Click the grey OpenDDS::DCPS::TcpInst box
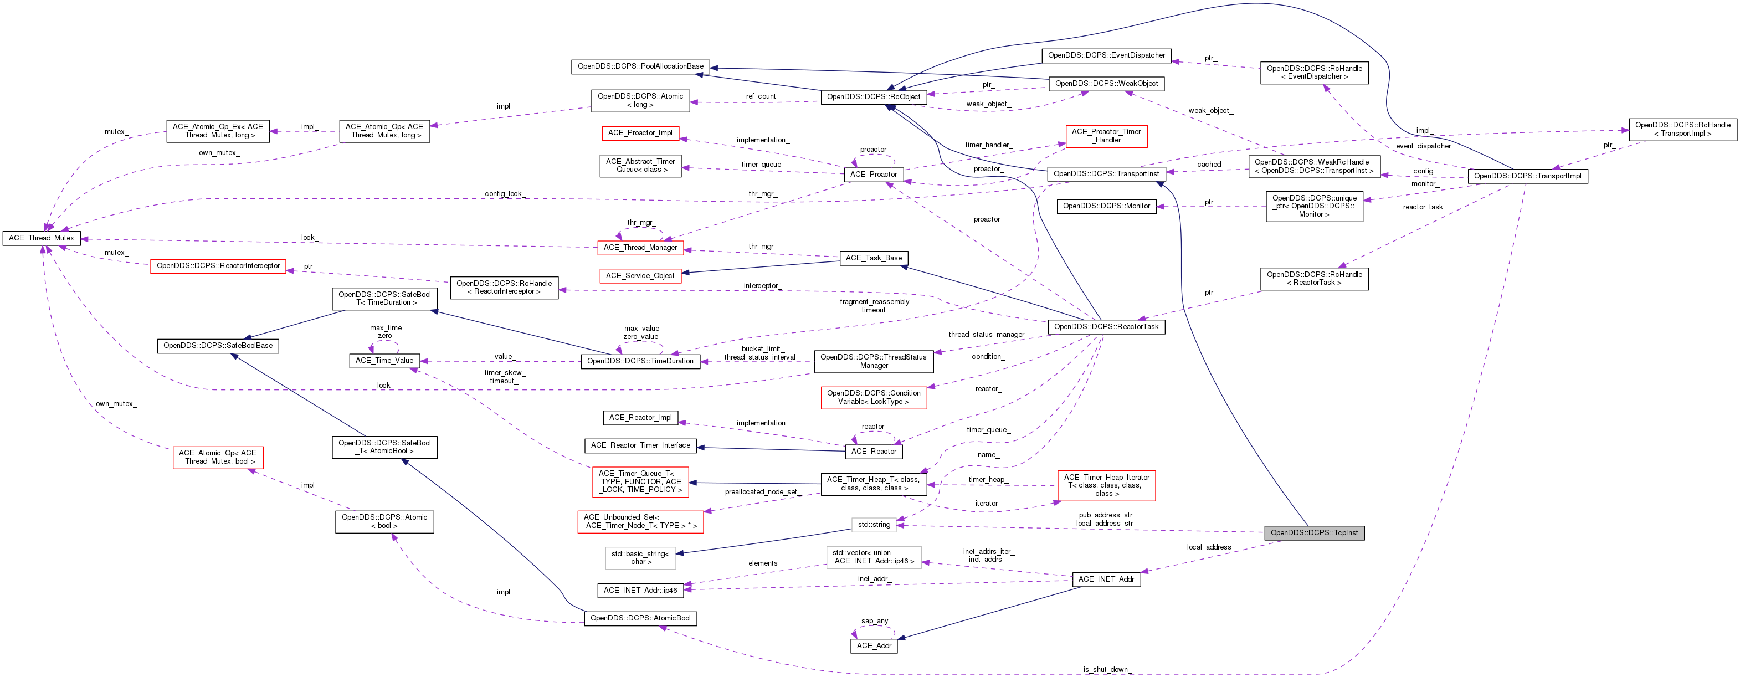(1314, 532)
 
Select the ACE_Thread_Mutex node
(42, 238)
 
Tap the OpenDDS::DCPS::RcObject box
(874, 96)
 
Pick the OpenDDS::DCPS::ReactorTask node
(1106, 326)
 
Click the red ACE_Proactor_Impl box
(640, 133)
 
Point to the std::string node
(874, 524)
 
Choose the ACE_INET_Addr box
(1106, 579)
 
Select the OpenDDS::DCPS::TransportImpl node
(1527, 176)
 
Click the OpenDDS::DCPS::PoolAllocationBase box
(640, 66)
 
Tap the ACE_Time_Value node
(384, 361)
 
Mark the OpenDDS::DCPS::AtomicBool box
(640, 618)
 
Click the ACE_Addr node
(874, 646)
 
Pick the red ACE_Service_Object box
(640, 276)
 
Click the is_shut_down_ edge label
(1105, 670)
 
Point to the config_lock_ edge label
(505, 194)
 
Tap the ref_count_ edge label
(761, 96)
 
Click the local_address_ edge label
(1210, 547)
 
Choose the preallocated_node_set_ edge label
(761, 492)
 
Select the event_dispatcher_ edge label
(1423, 146)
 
